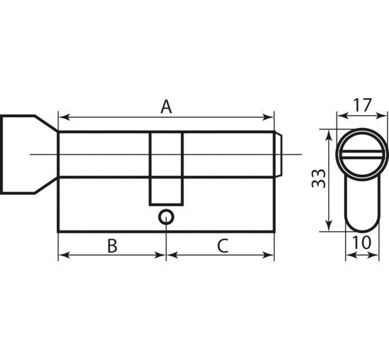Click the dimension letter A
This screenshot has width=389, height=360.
pyautogui.click(x=166, y=106)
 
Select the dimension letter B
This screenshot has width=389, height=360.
pyautogui.click(x=112, y=246)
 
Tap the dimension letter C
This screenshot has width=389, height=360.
pyautogui.click(x=223, y=246)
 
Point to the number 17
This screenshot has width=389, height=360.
pyautogui.click(x=363, y=105)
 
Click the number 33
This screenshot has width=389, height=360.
pyautogui.click(x=319, y=178)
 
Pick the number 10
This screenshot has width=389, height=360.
pyautogui.click(x=362, y=242)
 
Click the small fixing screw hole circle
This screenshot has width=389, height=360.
pyautogui.click(x=166, y=217)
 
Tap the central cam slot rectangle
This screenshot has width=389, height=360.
pyautogui.click(x=166, y=169)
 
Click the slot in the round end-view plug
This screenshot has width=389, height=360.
pyautogui.click(x=362, y=154)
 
